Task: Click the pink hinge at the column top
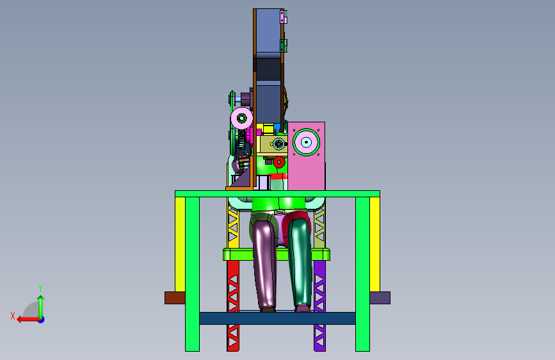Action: coord(283,16)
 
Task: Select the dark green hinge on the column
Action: coord(283,45)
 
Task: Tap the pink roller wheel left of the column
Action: coord(242,118)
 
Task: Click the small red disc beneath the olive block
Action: coord(279,162)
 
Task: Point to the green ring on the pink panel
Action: coord(306,142)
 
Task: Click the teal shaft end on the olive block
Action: coord(279,143)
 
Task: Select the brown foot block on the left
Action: coord(175,298)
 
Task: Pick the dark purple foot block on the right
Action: coord(380,298)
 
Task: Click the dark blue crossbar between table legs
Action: coord(277,318)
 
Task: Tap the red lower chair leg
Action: coord(233,306)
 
